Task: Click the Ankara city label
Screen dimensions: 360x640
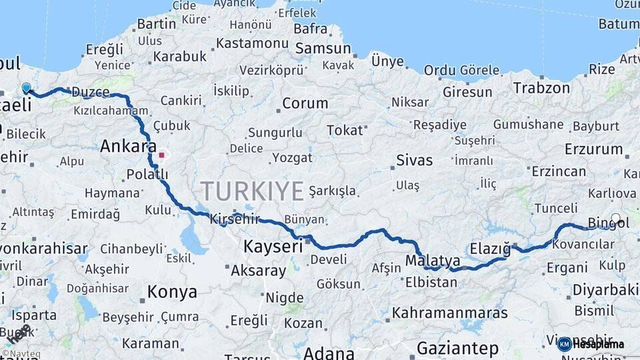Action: [x=128, y=147]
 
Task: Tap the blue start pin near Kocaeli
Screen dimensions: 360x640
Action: [x=27, y=88]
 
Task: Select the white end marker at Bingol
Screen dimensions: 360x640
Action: [x=615, y=219]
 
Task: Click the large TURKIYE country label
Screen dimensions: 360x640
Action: [x=253, y=191]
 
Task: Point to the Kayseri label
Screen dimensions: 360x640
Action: [x=273, y=246]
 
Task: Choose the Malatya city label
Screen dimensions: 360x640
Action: [x=433, y=260]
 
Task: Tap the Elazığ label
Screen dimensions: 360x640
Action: [x=490, y=249]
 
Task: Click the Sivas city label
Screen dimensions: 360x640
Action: [x=414, y=160]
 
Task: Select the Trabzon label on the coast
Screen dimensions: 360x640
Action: [x=541, y=87]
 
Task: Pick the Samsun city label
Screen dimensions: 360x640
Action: [x=323, y=48]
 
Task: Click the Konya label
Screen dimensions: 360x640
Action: [x=172, y=292]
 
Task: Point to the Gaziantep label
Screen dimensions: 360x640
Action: [x=457, y=348]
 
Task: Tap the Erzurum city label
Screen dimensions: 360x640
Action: [x=593, y=149]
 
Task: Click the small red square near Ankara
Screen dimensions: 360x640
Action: [x=161, y=155]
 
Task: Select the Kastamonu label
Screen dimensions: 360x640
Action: [x=251, y=43]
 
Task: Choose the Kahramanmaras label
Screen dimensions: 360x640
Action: [x=449, y=313]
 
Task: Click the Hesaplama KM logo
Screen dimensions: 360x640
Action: [x=591, y=344]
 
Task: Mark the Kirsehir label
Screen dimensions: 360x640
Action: [x=234, y=219]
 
